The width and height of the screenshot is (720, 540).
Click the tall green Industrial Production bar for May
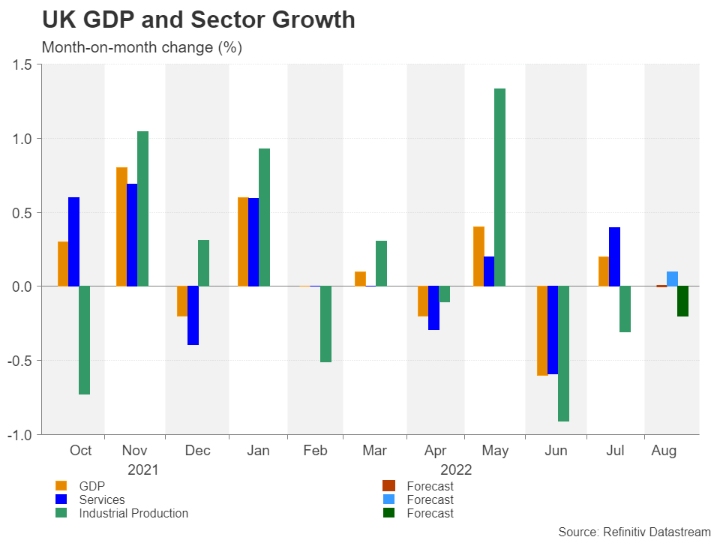499,187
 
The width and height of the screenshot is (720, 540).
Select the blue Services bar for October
73,241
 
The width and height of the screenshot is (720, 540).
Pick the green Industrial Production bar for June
563,353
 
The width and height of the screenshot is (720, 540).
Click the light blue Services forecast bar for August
672,278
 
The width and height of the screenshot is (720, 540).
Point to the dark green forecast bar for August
682,301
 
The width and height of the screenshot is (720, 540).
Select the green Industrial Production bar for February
325,324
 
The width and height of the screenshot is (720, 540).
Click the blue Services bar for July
614,256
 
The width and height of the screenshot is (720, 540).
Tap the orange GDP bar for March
360,278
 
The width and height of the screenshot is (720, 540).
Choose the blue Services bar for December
193,315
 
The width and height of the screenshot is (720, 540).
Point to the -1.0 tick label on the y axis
19,434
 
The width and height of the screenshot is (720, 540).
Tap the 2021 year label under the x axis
143,470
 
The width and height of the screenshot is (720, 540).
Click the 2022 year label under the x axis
456,470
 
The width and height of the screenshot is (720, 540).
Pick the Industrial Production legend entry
133,513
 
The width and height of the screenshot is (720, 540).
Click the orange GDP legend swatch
61,486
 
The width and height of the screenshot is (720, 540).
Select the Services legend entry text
102,499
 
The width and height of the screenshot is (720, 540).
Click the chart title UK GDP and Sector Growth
199,20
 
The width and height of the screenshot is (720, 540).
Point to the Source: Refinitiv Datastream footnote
634,531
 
